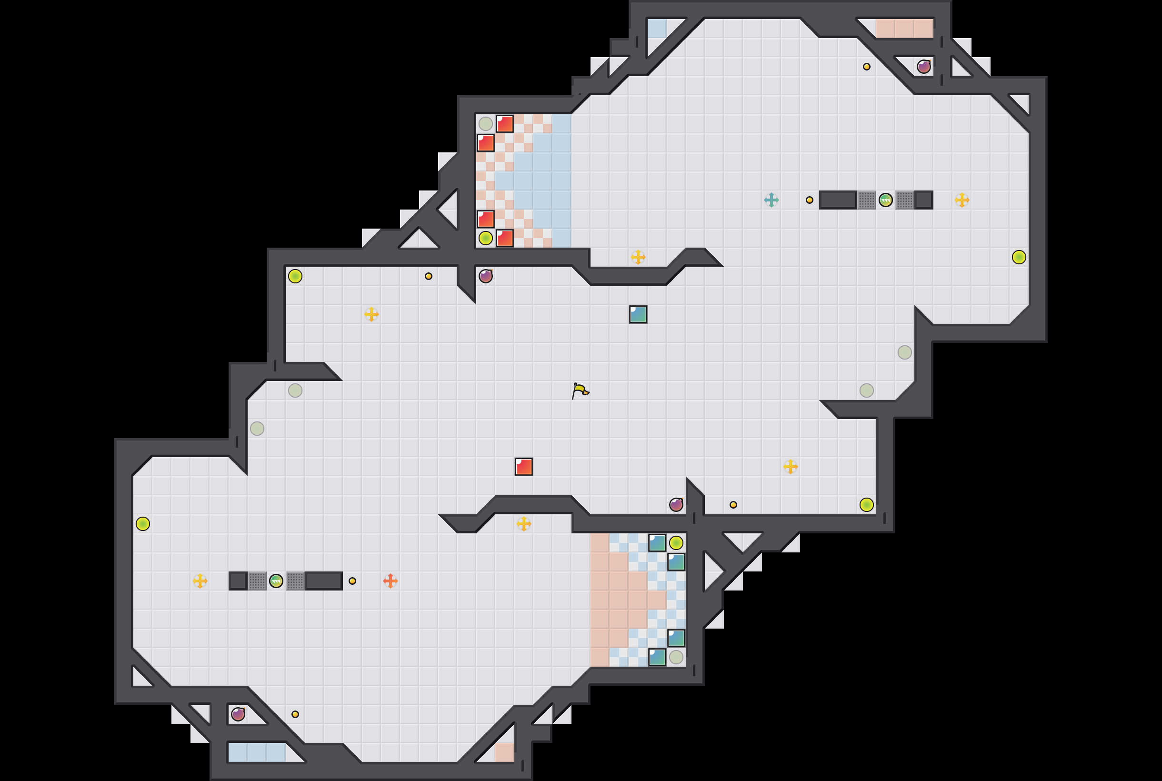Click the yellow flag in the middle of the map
coord(580,390)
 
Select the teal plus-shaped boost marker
coord(771,200)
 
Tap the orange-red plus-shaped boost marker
coord(390,581)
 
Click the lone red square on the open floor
coord(523,467)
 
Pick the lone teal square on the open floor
coord(638,314)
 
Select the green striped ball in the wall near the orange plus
coord(276,581)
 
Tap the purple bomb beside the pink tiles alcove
coord(923,66)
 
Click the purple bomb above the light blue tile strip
coord(238,714)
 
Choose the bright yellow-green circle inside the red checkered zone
coord(486,238)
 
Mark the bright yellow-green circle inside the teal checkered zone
coord(676,542)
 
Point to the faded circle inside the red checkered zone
coord(486,123)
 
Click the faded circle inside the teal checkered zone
coord(676,657)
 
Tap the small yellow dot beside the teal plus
coord(810,200)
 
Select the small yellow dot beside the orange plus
coord(352,581)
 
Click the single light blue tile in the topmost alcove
coord(656,29)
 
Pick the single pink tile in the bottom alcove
coord(504,752)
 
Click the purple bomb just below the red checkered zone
coord(486,276)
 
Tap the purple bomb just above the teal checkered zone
coord(676,505)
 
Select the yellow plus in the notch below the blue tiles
coord(638,257)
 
